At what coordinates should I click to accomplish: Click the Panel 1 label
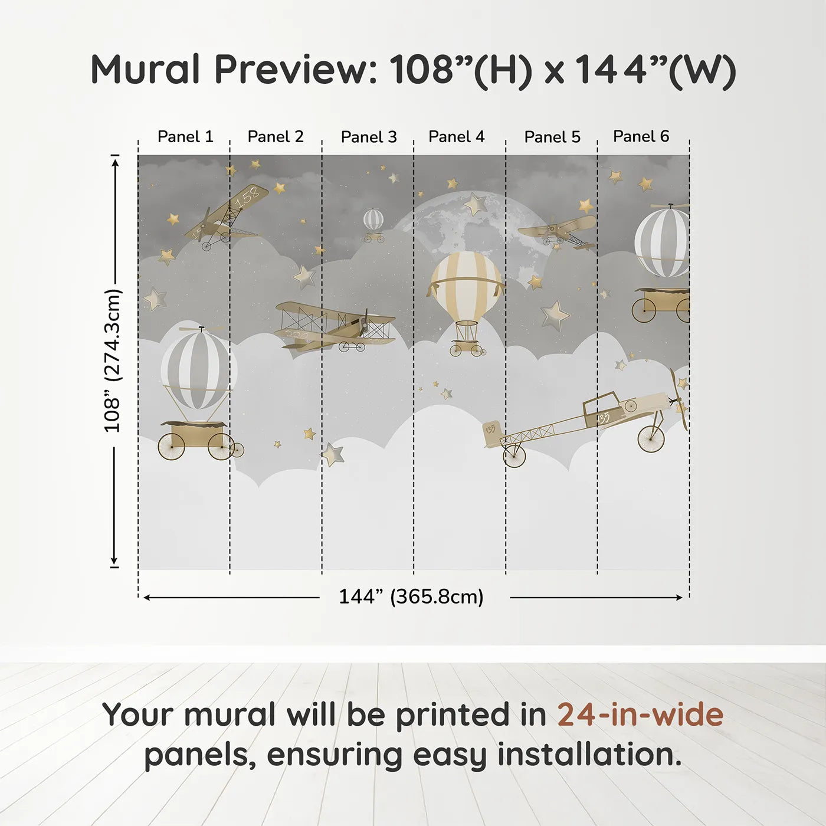185,137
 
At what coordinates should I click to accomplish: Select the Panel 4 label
456,137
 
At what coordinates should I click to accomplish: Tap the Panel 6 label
641,136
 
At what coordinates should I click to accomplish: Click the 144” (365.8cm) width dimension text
411,596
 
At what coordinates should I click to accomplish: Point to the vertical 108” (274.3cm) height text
113,360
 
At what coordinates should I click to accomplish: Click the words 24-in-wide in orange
640,714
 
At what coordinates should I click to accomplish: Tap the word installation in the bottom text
589,755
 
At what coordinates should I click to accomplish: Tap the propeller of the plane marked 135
678,399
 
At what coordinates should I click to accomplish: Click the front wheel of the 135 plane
651,440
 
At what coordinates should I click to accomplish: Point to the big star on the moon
475,204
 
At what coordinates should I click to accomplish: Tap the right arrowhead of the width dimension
678,598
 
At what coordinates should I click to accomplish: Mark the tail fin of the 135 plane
492,432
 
